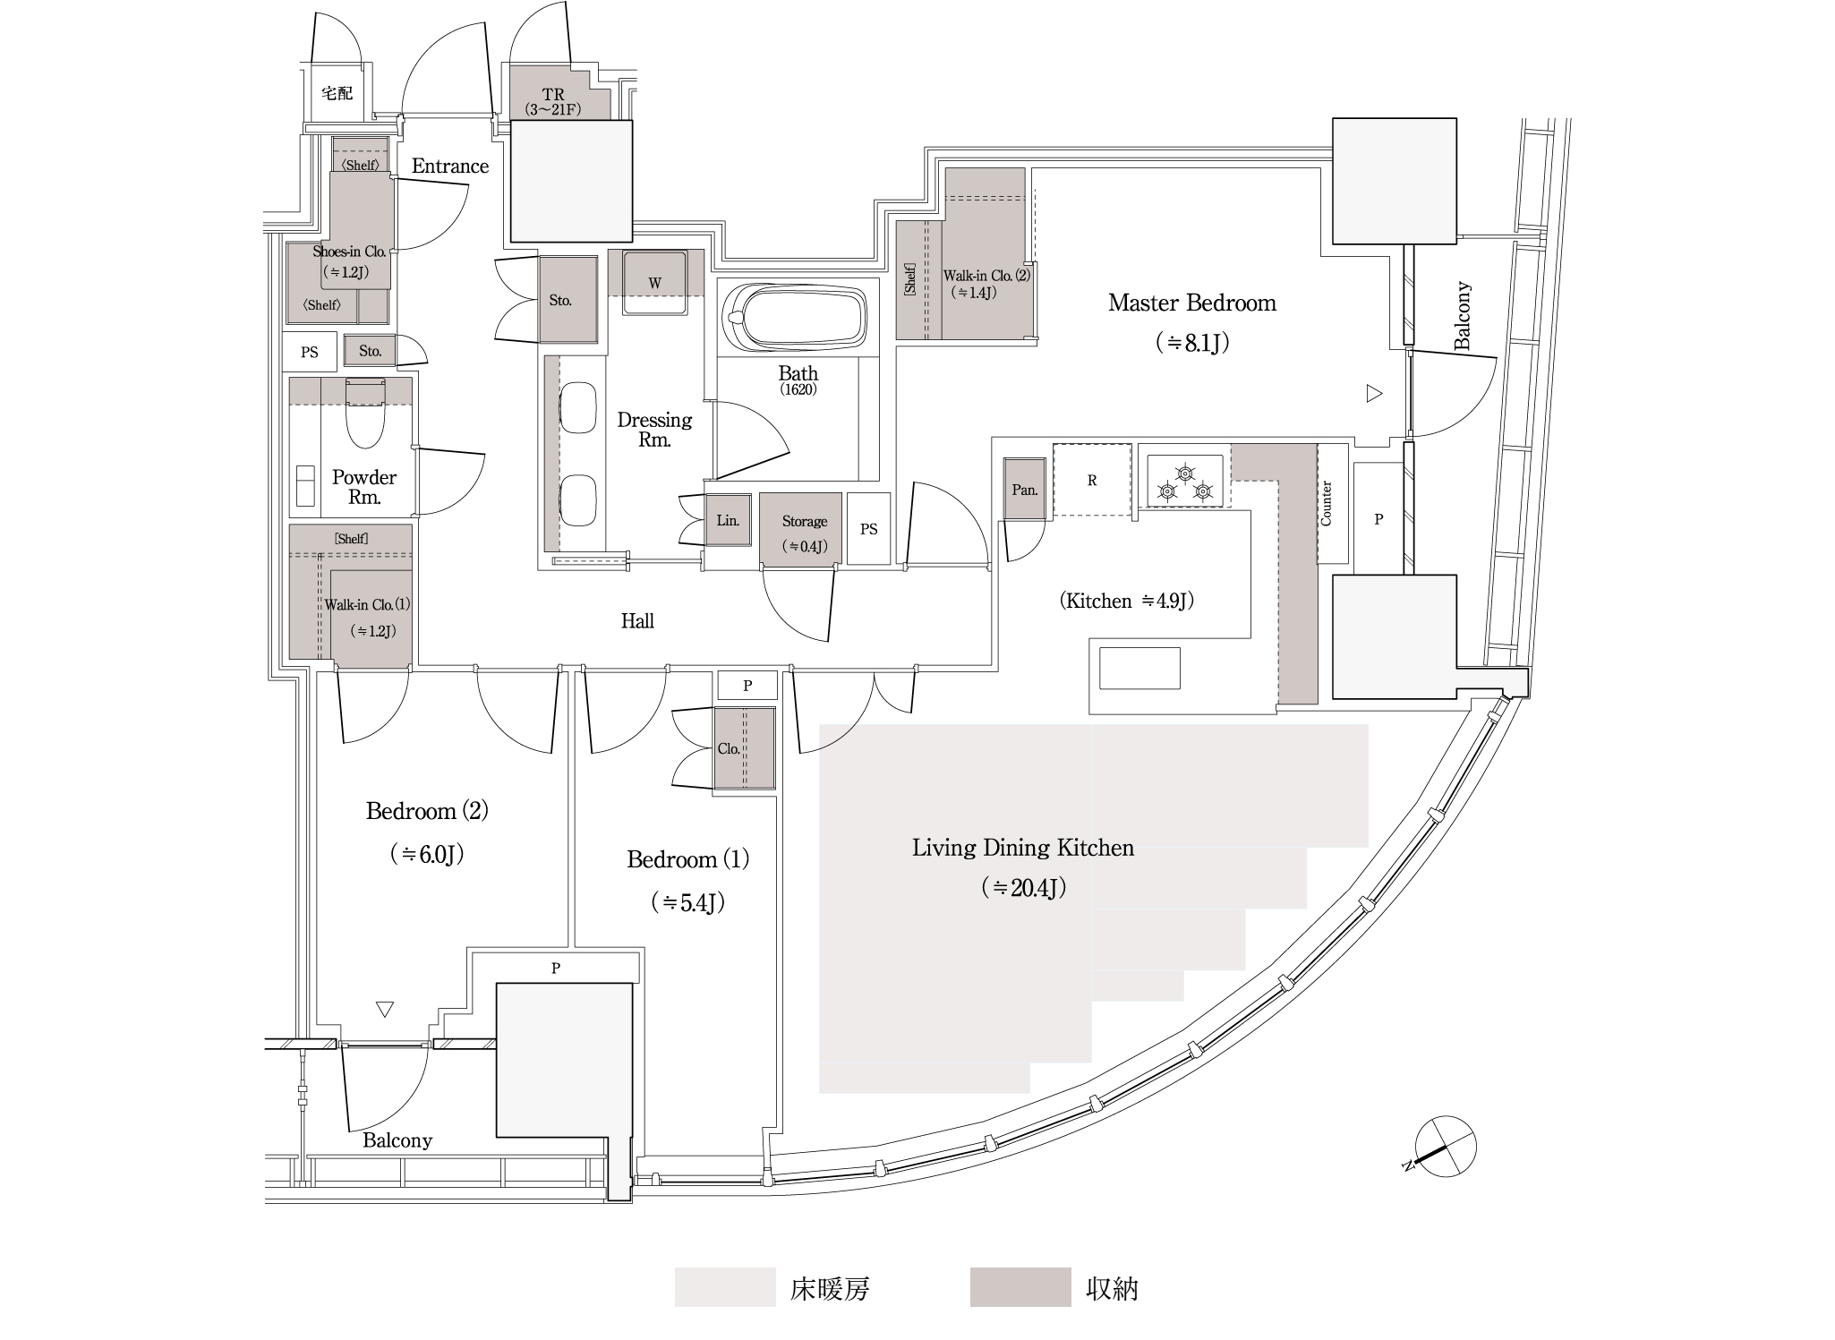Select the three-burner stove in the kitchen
click(1185, 481)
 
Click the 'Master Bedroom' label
click(1192, 303)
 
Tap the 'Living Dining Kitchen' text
click(1023, 848)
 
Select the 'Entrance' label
click(450, 166)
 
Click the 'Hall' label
click(637, 620)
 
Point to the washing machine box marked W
click(654, 282)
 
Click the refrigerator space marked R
click(1092, 480)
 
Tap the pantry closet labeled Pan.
click(1025, 489)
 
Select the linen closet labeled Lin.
click(728, 519)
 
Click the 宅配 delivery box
click(337, 93)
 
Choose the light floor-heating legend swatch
click(725, 1287)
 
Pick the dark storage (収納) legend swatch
click(1020, 1287)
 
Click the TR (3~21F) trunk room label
click(553, 102)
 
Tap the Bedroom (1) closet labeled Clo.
click(744, 748)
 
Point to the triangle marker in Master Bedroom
click(1374, 393)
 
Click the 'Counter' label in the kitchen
click(1327, 503)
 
